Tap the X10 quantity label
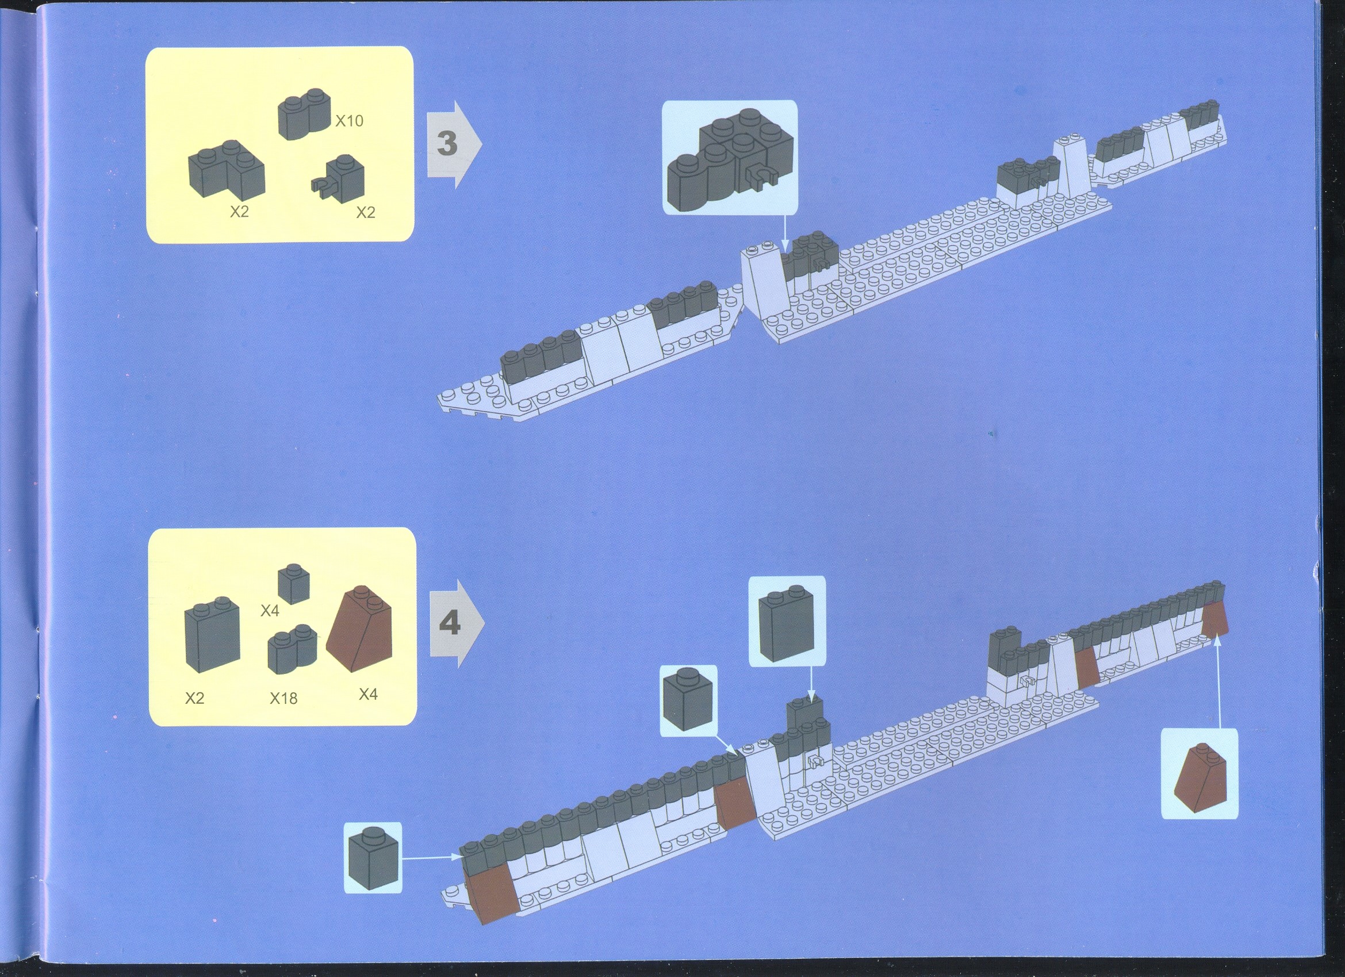tap(349, 121)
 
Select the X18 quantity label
tap(283, 698)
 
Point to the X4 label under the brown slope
tap(367, 694)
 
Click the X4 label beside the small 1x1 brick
tap(270, 610)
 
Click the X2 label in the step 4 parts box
tap(194, 698)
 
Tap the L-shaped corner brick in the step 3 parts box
tap(227, 170)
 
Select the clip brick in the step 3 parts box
tap(339, 176)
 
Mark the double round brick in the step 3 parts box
tap(304, 116)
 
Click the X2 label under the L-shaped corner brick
tap(239, 212)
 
